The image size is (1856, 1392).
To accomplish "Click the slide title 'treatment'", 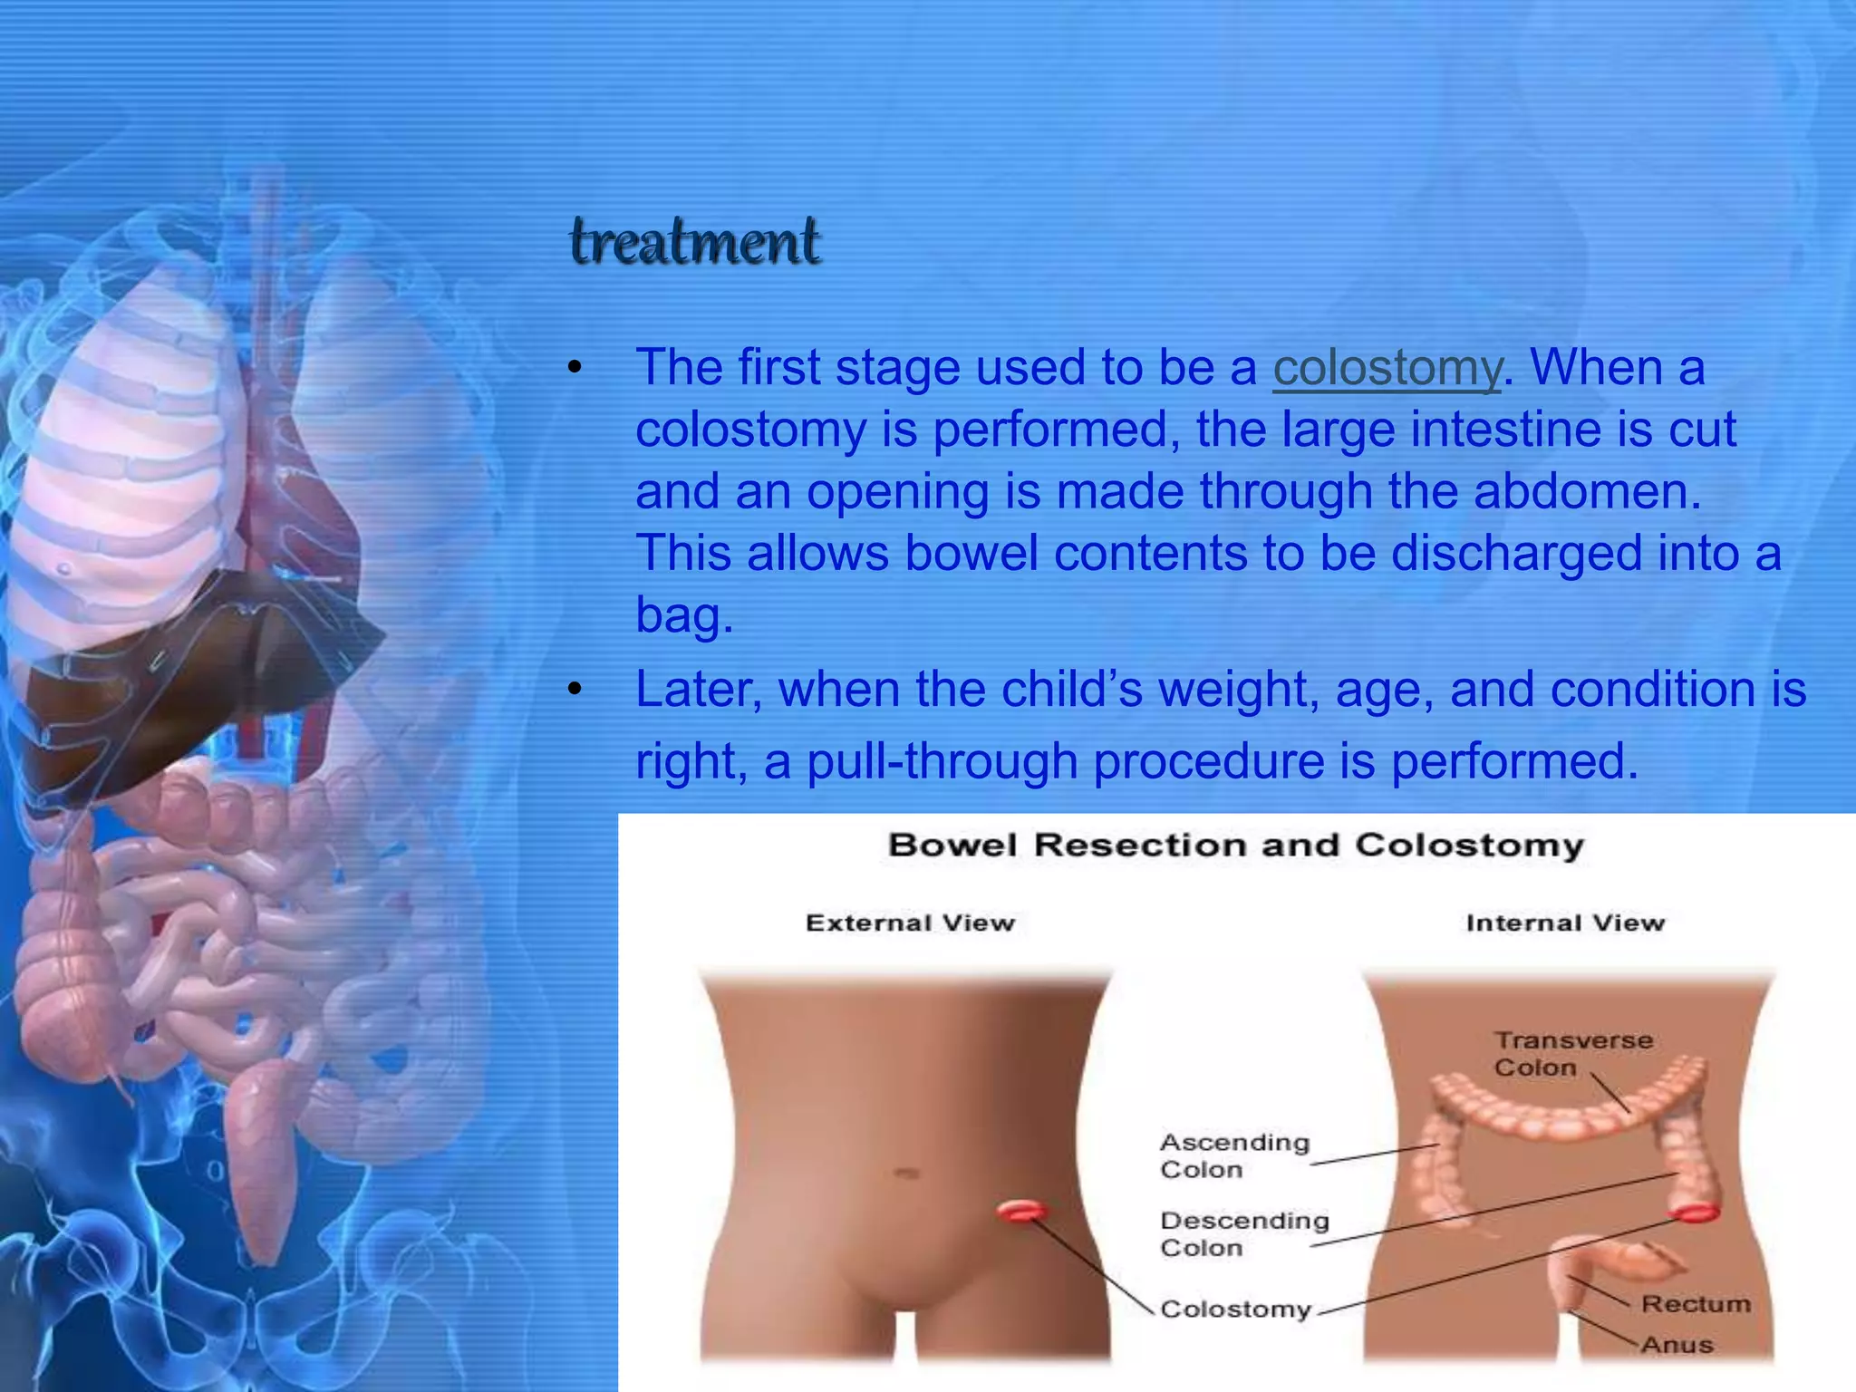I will pyautogui.click(x=695, y=243).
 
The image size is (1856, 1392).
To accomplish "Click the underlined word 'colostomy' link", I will pyautogui.click(x=1387, y=368).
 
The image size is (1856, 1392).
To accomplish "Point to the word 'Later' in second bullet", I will pyautogui.click(x=698, y=690).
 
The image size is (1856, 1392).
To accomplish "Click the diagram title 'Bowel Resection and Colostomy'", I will pyautogui.click(x=1236, y=846).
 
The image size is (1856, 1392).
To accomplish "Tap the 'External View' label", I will pyautogui.click(x=910, y=923).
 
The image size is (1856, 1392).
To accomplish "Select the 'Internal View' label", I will pyautogui.click(x=1565, y=923).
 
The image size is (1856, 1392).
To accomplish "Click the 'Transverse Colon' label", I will pyautogui.click(x=1572, y=1054).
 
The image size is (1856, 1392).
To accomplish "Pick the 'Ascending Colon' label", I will pyautogui.click(x=1234, y=1155).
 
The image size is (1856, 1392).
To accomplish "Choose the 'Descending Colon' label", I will pyautogui.click(x=1243, y=1234).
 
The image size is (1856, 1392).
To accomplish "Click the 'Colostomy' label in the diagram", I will pyautogui.click(x=1235, y=1310).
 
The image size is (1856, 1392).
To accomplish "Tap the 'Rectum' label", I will pyautogui.click(x=1696, y=1304).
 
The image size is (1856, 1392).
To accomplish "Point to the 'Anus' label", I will pyautogui.click(x=1677, y=1345).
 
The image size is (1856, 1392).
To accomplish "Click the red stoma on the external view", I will pyautogui.click(x=1022, y=1211).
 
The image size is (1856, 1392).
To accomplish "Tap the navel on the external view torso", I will pyautogui.click(x=907, y=1174).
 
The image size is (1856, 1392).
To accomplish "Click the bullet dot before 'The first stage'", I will pyautogui.click(x=574, y=369).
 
